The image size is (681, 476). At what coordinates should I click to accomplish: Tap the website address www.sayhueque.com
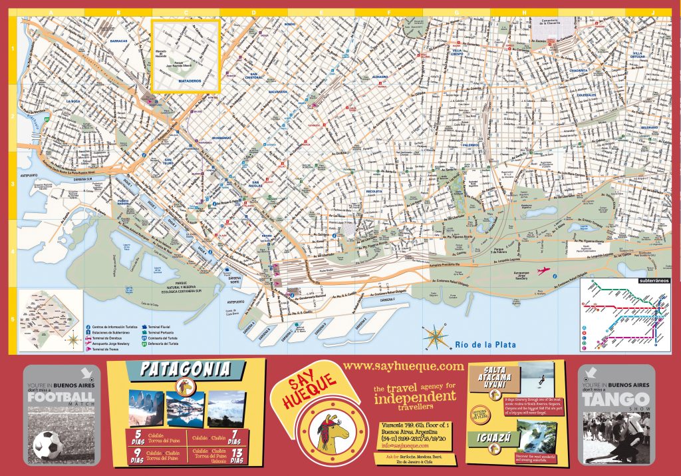[404, 366]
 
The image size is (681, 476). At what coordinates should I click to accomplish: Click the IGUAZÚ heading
[494, 438]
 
